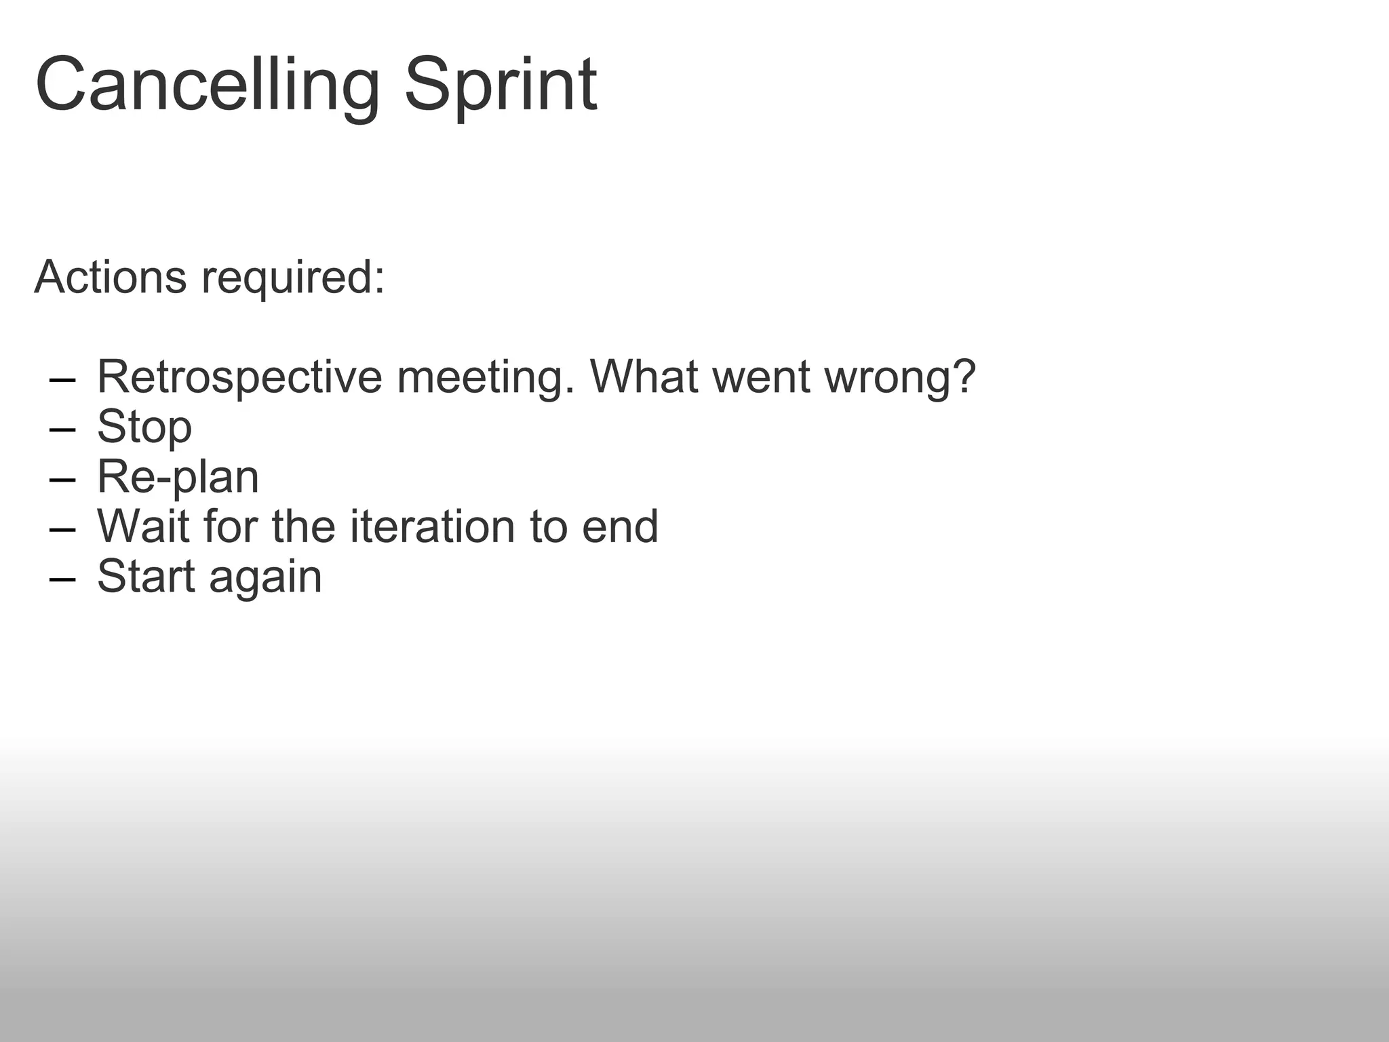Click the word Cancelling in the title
(207, 86)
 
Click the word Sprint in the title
(501, 86)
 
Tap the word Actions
(110, 277)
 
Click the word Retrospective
(239, 377)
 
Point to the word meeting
(485, 377)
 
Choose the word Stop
(144, 427)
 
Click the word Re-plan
(178, 477)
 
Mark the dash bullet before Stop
(62, 430)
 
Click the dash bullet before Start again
(62, 579)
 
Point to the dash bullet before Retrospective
(62, 380)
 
